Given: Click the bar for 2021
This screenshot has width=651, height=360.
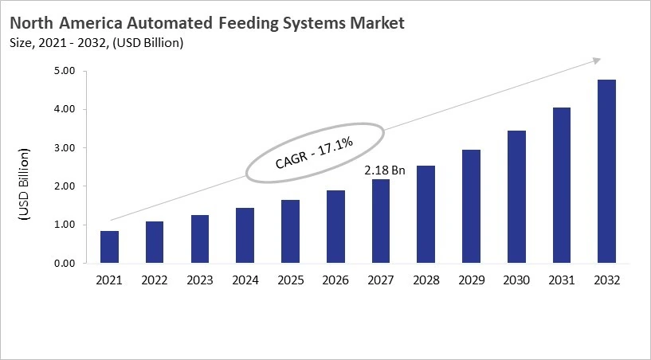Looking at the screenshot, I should pyautogui.click(x=109, y=247).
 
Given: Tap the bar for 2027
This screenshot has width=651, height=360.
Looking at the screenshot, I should pyautogui.click(x=381, y=221).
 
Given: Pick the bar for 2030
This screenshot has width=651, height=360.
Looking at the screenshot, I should pyautogui.click(x=517, y=197).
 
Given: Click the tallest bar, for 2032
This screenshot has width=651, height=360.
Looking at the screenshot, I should pyautogui.click(x=607, y=171).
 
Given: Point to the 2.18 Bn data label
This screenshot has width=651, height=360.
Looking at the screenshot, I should pyautogui.click(x=384, y=170).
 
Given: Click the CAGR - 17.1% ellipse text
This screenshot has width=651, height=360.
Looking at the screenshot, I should pyautogui.click(x=314, y=152).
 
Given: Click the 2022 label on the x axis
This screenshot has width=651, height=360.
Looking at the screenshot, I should pyautogui.click(x=155, y=280).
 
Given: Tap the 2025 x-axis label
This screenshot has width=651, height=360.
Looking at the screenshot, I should pyautogui.click(x=290, y=280).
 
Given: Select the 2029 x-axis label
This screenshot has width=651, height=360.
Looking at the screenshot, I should pyautogui.click(x=472, y=280).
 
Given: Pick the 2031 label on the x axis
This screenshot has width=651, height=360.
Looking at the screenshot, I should pyautogui.click(x=562, y=280).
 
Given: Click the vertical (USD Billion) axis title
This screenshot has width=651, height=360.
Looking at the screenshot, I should pyautogui.click(x=24, y=185).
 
